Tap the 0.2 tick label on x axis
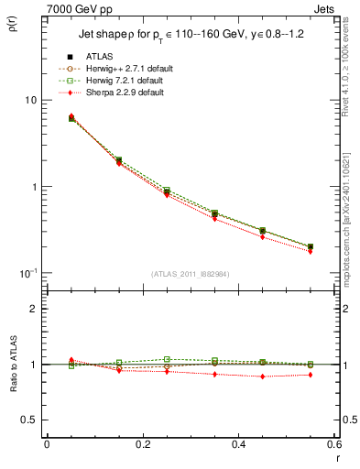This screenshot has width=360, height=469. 143,445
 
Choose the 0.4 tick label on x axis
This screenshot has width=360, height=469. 239,445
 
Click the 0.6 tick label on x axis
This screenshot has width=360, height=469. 333,445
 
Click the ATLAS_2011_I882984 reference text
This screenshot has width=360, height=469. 191,275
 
